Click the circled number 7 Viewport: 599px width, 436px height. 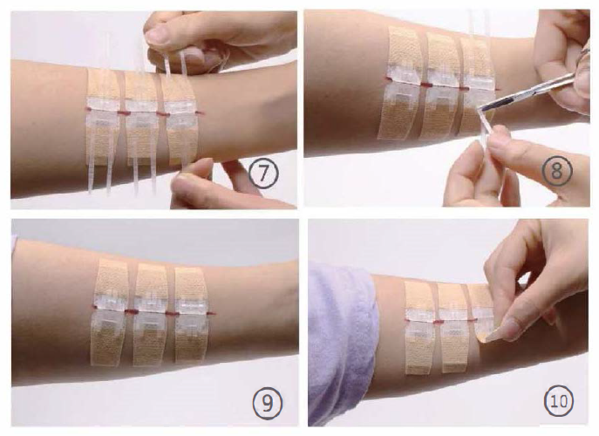[x=263, y=174]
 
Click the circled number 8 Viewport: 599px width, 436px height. [x=557, y=171]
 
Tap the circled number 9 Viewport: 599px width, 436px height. [x=268, y=403]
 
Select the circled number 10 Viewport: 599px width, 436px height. [x=558, y=401]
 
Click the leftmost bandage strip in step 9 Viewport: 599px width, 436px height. [x=110, y=312]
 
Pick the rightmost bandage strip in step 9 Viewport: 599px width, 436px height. [x=192, y=316]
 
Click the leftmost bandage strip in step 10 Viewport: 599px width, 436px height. [x=419, y=327]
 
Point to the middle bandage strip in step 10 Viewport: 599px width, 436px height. [x=453, y=328]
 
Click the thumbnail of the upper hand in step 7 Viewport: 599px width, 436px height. [x=158, y=35]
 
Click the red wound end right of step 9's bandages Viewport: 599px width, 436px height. [x=212, y=314]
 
